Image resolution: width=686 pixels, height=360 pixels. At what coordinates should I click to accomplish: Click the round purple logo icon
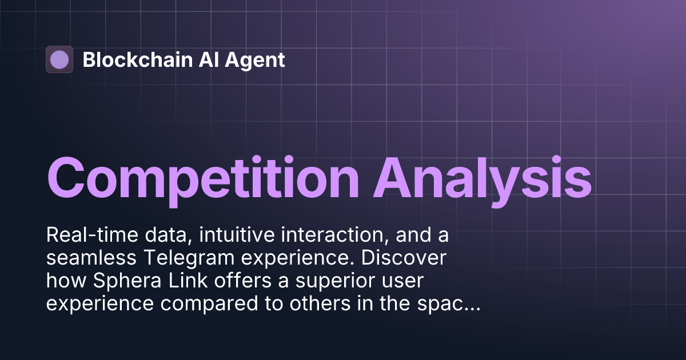point(59,59)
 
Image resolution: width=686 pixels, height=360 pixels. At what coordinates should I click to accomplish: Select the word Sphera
point(116,281)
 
